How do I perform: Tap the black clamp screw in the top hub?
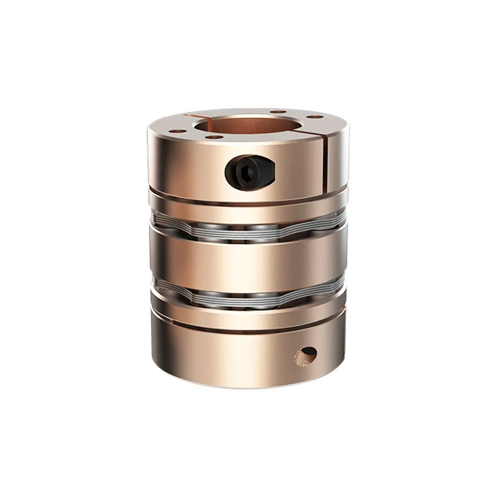[x=250, y=172]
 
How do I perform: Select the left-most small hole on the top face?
[x=177, y=131]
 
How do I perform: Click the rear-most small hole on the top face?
[x=278, y=112]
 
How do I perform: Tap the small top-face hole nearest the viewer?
[x=215, y=137]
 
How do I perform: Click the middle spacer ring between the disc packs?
[x=248, y=263]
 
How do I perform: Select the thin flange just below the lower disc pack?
[x=248, y=316]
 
